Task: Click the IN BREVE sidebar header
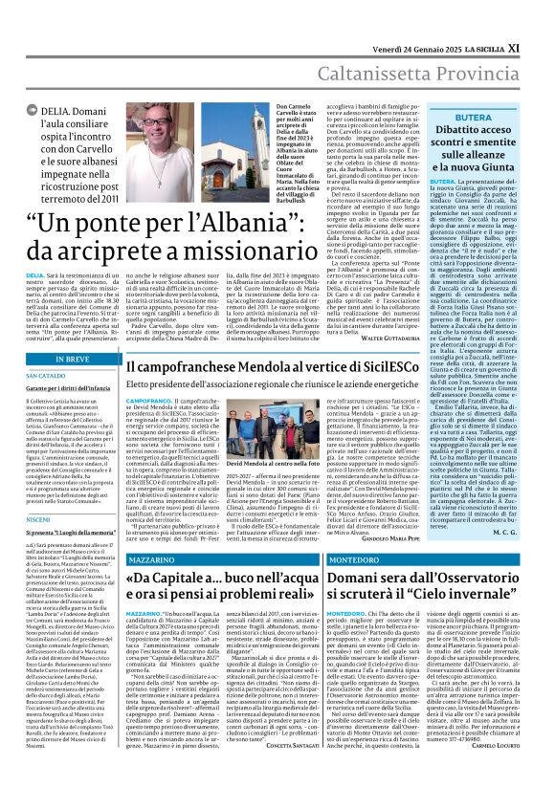[x=64, y=333]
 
